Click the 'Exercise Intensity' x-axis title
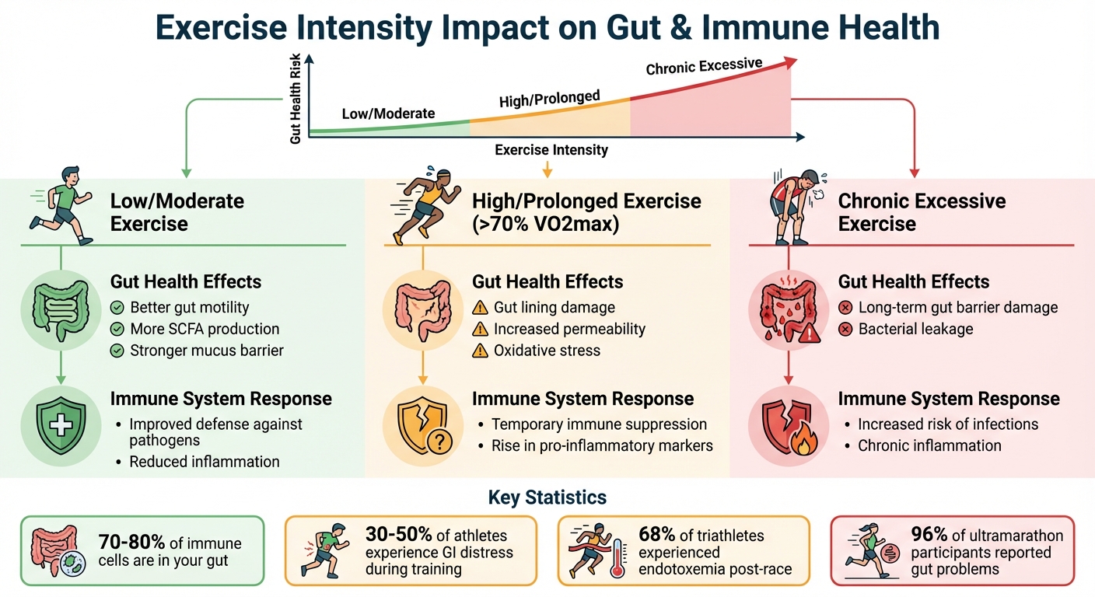pyautogui.click(x=551, y=150)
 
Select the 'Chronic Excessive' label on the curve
pyautogui.click(x=704, y=67)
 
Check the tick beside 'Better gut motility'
pyautogui.click(x=117, y=307)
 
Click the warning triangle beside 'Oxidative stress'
pyautogui.click(x=481, y=351)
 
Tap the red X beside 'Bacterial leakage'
pyautogui.click(x=845, y=330)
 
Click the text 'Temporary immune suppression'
pyautogui.click(x=599, y=424)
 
